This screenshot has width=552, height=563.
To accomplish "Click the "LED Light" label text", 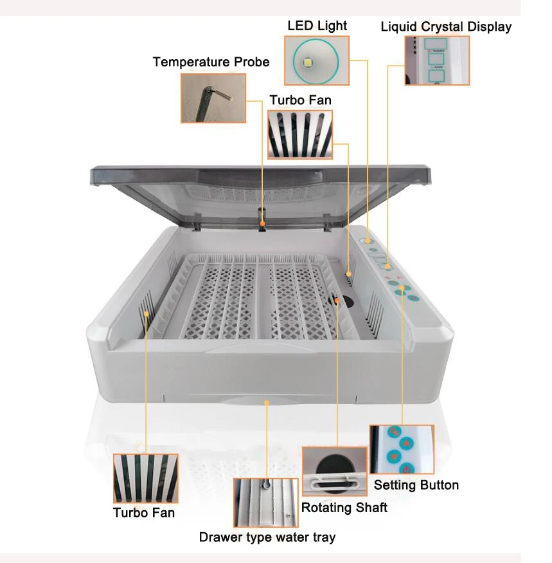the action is coord(317,26).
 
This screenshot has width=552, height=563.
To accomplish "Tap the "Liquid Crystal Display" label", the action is coord(446,26).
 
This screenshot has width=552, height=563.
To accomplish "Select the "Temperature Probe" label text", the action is coord(211,62).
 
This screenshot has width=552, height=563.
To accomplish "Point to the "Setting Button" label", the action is coord(416,485).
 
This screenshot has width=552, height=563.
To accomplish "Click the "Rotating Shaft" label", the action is coord(344,507).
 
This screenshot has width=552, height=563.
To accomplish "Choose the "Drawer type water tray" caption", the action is coord(267,537).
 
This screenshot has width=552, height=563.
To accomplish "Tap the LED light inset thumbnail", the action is coord(317,60).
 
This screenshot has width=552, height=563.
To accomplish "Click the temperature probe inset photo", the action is coord(213,98).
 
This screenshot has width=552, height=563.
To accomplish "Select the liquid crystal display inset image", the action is coord(437,60).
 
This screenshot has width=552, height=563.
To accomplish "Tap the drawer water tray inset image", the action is coord(265,503).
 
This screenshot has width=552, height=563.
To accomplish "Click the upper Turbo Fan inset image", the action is coord(300,134).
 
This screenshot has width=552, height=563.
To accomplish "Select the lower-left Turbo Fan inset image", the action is coord(145,478).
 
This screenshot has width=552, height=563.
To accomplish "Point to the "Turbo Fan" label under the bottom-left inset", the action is coord(144,512).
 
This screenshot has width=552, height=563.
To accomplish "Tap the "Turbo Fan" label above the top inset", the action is coord(300,100).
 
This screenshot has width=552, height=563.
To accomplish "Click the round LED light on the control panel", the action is coord(368,241).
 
